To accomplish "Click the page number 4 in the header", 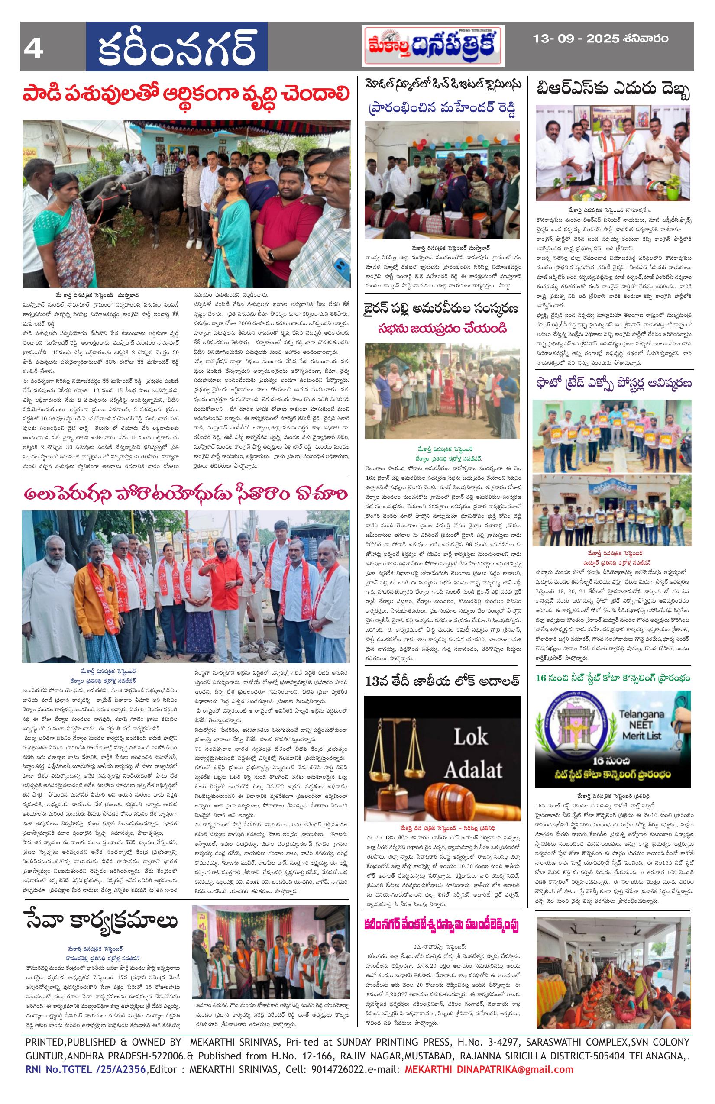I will pos(34,47).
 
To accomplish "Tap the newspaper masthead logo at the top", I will pos(433,45).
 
